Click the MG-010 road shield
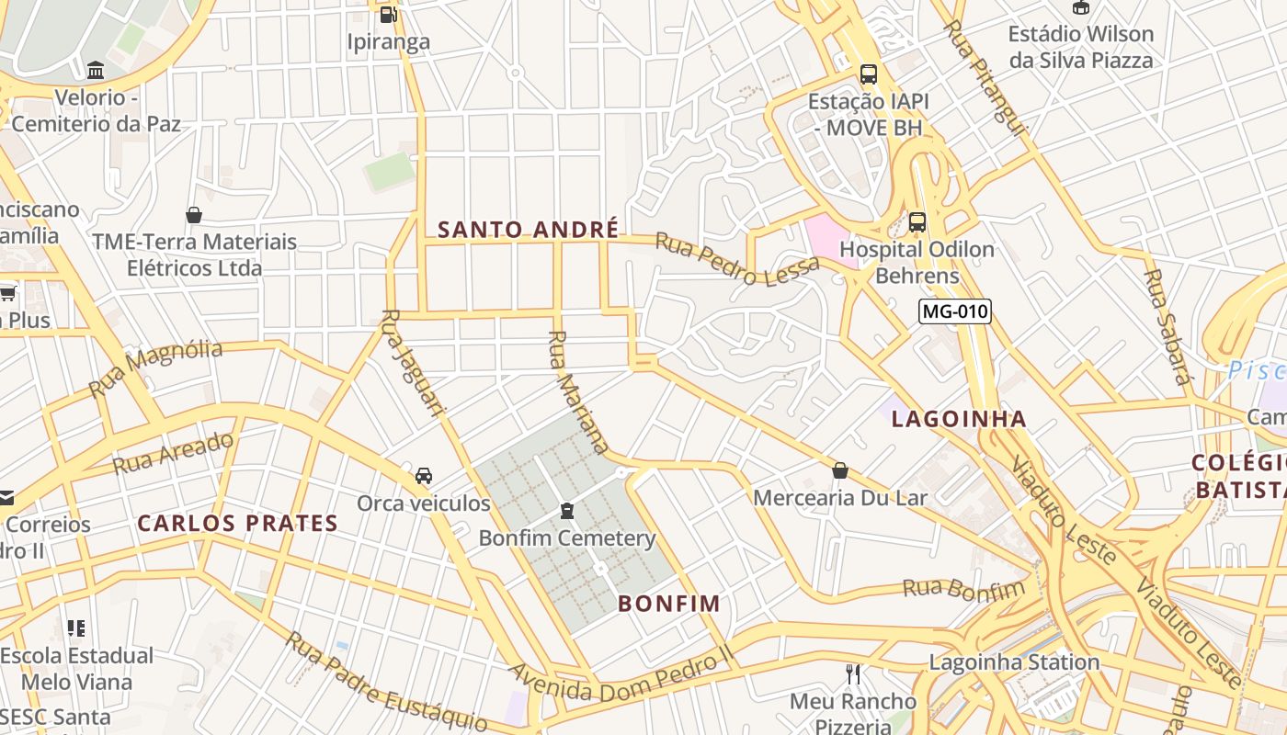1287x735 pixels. pyautogui.click(x=955, y=311)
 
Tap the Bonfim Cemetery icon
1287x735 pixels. pyautogui.click(x=567, y=510)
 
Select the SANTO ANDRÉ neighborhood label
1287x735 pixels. pyautogui.click(x=528, y=230)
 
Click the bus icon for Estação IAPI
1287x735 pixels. pyautogui.click(x=868, y=74)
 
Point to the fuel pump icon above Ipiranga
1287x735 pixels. pyautogui.click(x=388, y=14)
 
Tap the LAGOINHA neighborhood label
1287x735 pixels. pyautogui.click(x=959, y=419)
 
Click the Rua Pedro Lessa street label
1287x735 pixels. pyautogui.click(x=736, y=259)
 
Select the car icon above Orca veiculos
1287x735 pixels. pyautogui.click(x=423, y=475)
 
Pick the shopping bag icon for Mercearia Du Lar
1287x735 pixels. pyautogui.click(x=839, y=470)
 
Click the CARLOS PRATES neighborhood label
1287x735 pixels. pyautogui.click(x=237, y=524)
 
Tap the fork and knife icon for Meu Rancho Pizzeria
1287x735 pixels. pyautogui.click(x=853, y=674)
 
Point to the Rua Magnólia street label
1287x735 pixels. pyautogui.click(x=155, y=367)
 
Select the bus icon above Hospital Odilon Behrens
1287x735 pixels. pyautogui.click(x=917, y=221)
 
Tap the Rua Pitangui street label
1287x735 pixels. pyautogui.click(x=984, y=78)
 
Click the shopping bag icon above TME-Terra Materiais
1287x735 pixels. pyautogui.click(x=194, y=215)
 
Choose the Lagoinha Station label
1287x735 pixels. pyautogui.click(x=1014, y=661)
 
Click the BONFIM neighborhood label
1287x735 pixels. pyautogui.click(x=668, y=604)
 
